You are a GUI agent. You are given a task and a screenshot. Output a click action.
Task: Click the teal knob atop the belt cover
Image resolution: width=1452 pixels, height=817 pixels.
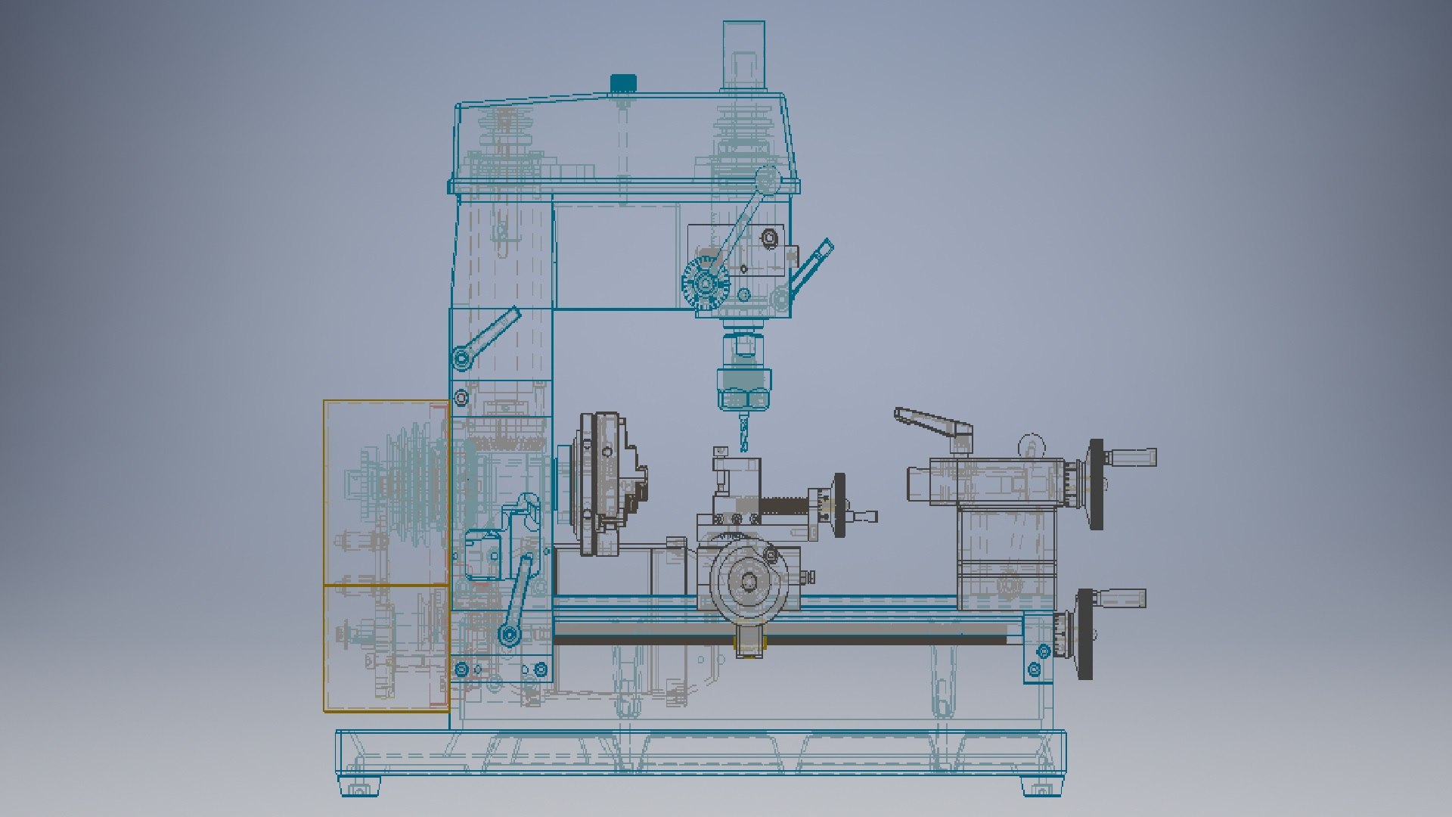tap(623, 82)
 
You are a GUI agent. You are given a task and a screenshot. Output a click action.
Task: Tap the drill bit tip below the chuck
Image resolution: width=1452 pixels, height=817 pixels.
tap(743, 448)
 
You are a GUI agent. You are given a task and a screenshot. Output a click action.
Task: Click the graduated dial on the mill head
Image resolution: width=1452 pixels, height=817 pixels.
tap(706, 284)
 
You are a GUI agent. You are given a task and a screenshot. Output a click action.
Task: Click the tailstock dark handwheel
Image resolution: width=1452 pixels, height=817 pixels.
tap(1097, 484)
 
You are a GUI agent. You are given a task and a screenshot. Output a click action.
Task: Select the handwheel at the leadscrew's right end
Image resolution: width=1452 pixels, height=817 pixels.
tap(1085, 634)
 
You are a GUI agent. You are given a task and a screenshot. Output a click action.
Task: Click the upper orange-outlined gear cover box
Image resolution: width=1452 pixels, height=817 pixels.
tap(386, 492)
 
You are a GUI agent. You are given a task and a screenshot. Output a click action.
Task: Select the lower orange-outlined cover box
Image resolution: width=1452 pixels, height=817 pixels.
tap(386, 648)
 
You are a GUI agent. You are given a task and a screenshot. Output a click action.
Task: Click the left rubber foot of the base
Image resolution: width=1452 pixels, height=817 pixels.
tap(358, 787)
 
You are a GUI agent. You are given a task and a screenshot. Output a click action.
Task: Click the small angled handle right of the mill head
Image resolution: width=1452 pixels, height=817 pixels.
tap(811, 268)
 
